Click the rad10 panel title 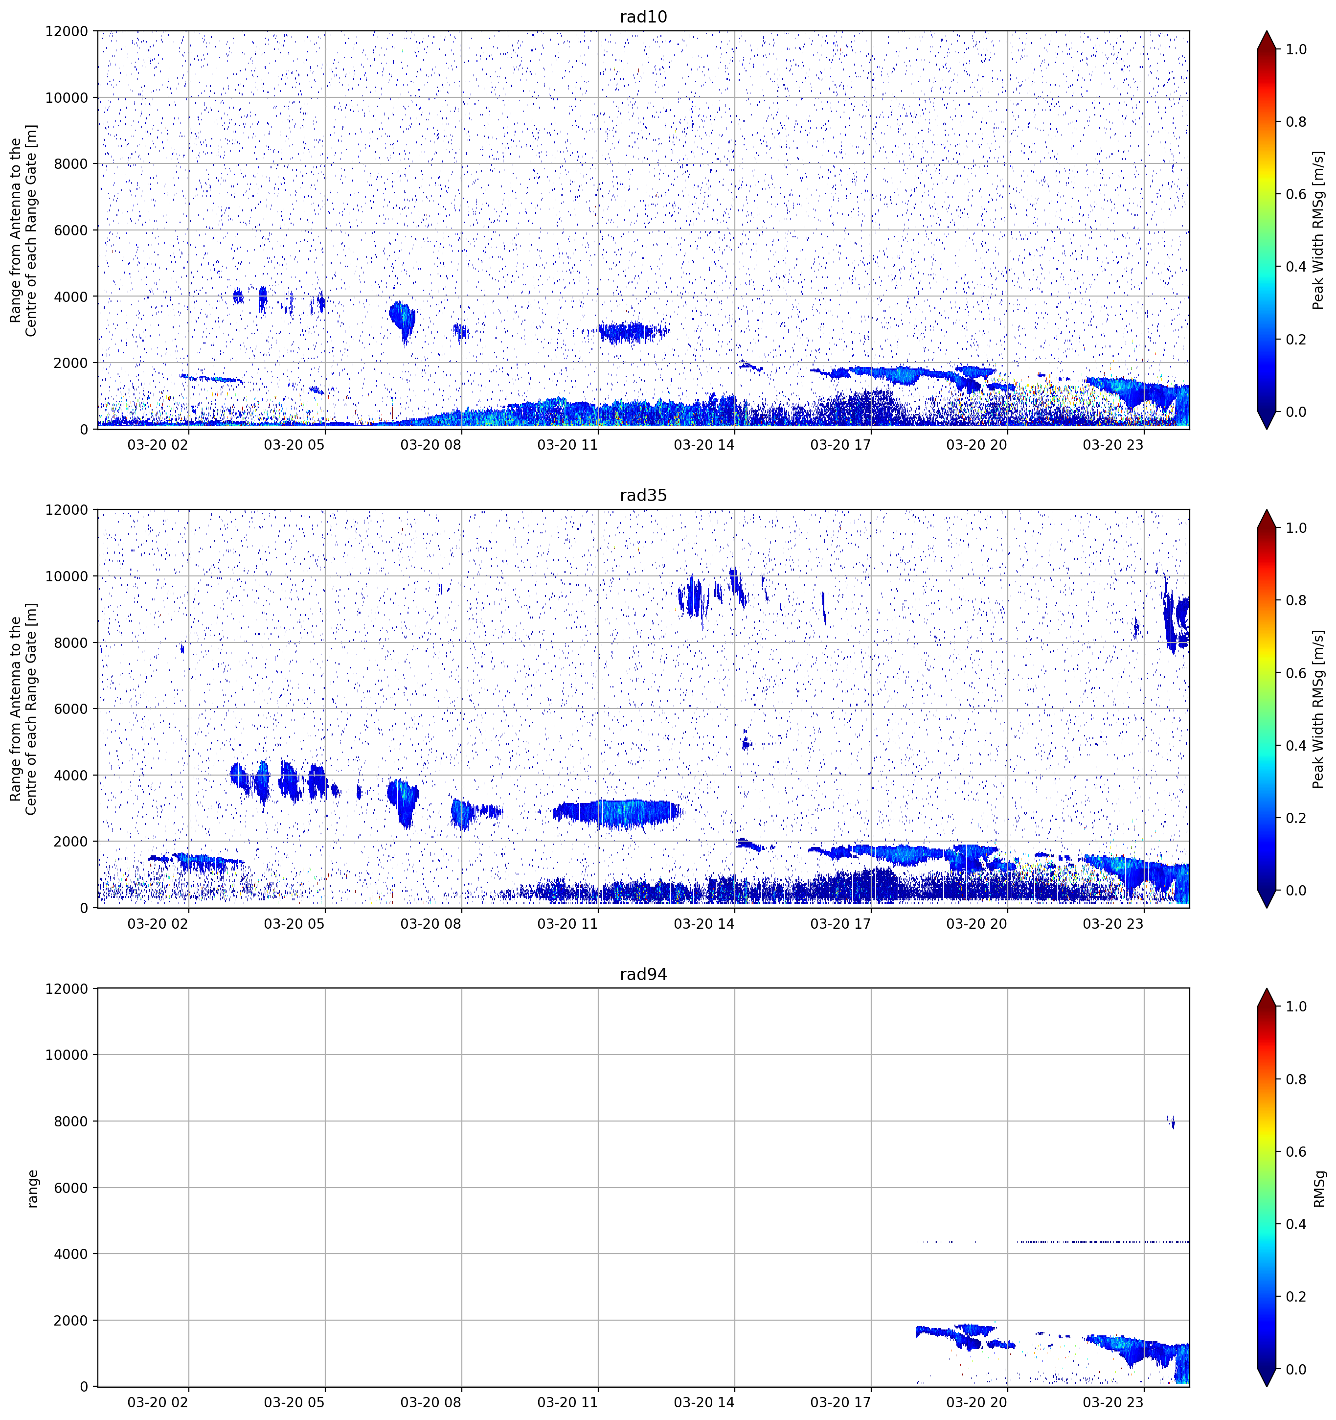click(x=643, y=17)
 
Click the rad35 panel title click(x=643, y=495)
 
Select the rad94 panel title click(x=643, y=974)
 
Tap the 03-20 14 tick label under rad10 click(x=703, y=445)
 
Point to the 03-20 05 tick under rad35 click(x=294, y=923)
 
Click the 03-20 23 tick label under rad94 click(x=1113, y=1402)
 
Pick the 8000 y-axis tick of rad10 click(x=71, y=163)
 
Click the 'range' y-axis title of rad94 click(x=32, y=1188)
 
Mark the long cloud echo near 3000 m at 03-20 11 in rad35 click(x=618, y=813)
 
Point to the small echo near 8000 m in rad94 click(x=1172, y=1122)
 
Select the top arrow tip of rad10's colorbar click(x=1266, y=31)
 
